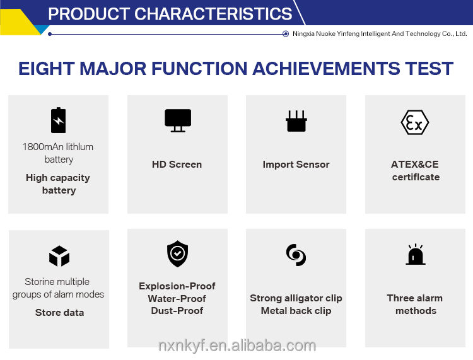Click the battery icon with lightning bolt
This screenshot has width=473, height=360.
pyautogui.click(x=58, y=120)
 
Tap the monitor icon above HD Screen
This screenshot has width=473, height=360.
pyautogui.click(x=178, y=120)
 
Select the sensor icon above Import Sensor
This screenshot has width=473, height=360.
pyautogui.click(x=296, y=121)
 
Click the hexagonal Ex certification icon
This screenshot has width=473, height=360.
pyautogui.click(x=415, y=122)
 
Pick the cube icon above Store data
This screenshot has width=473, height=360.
pyautogui.click(x=59, y=256)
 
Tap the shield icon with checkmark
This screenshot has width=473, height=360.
pyautogui.click(x=178, y=253)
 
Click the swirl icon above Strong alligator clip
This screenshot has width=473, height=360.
pyautogui.click(x=296, y=255)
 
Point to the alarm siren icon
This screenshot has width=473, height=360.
pyautogui.click(x=416, y=254)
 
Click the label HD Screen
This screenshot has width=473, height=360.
pyautogui.click(x=177, y=165)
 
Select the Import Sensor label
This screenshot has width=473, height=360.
pyautogui.click(x=296, y=165)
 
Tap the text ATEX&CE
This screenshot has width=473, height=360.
pyautogui.click(x=415, y=165)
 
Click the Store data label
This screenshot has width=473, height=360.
pyautogui.click(x=59, y=313)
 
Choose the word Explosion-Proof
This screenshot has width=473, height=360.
pyautogui.click(x=177, y=286)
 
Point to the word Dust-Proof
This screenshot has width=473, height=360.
pyautogui.click(x=177, y=311)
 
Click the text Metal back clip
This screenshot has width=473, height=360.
pyautogui.click(x=296, y=311)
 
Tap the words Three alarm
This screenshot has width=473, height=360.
pyautogui.click(x=415, y=298)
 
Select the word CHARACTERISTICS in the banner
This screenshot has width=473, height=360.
pyautogui.click(x=213, y=14)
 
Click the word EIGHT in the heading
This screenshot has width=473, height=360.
pyautogui.click(x=47, y=69)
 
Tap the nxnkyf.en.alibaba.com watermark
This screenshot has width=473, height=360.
pyautogui.click(x=237, y=345)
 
